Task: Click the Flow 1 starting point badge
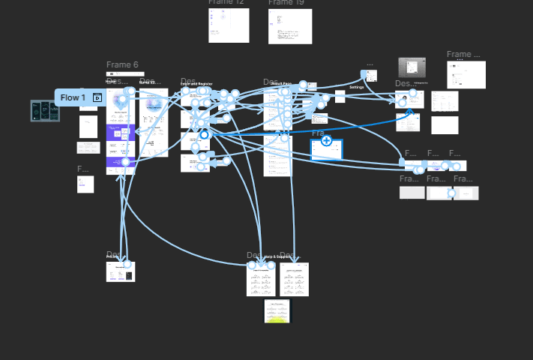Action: coord(73,97)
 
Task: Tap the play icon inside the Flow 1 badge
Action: coord(97,97)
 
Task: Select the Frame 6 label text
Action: coord(122,64)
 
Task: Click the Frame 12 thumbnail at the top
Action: coord(229,25)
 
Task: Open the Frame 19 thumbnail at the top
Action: coord(290,26)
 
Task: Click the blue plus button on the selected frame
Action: coord(326,140)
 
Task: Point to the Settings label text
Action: coord(356,88)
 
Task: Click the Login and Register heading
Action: coord(196,84)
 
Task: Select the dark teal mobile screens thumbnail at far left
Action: coord(45,110)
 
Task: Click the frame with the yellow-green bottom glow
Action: coord(277,311)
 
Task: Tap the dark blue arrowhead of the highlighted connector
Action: coord(410,112)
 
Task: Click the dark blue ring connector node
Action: coord(204,135)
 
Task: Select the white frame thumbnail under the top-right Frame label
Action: coord(466,75)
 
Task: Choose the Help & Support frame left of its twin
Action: coord(261,279)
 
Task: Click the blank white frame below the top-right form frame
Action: coord(445,125)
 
